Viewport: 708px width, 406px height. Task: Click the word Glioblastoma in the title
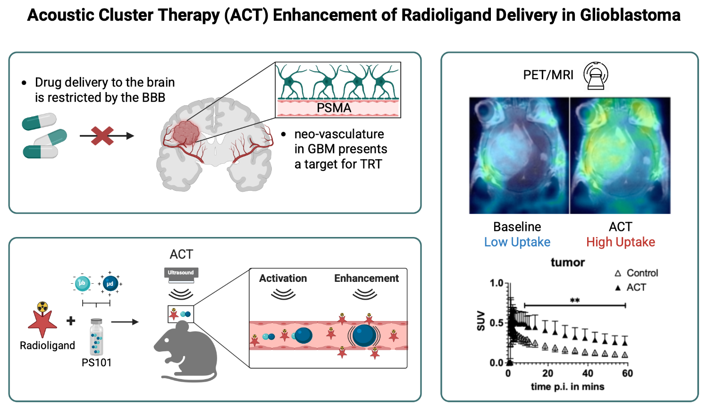[630, 15]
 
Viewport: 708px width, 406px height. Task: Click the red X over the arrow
[102, 136]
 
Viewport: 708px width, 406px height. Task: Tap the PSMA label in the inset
[334, 108]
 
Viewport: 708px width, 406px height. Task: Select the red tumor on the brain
[185, 133]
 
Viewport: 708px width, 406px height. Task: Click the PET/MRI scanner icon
[596, 75]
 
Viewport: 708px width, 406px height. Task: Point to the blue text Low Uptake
[517, 242]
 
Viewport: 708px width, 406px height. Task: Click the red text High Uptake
[620, 242]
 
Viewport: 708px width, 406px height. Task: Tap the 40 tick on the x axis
[588, 373]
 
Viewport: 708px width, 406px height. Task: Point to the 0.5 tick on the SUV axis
[497, 323]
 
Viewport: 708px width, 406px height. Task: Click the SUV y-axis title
[480, 321]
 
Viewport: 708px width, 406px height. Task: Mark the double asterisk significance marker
[574, 301]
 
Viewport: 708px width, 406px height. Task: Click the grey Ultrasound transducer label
[181, 273]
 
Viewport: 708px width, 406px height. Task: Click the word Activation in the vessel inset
[283, 279]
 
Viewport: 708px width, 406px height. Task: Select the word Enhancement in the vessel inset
[366, 279]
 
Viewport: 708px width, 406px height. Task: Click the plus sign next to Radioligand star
[71, 321]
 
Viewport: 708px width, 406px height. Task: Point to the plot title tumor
[567, 262]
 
